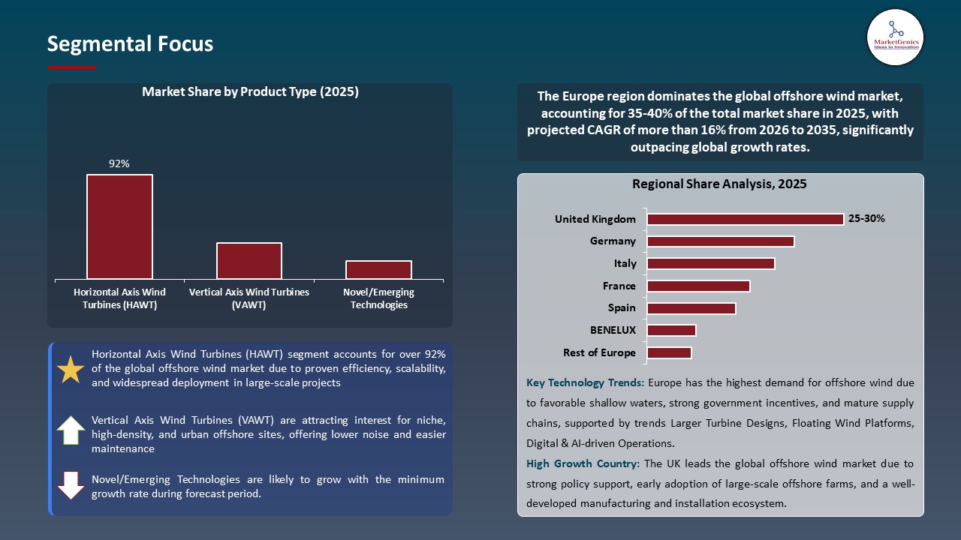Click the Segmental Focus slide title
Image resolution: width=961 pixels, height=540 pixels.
click(130, 44)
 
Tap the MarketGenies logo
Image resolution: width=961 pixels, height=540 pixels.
click(895, 37)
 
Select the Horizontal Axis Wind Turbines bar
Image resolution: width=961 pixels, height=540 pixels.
click(119, 226)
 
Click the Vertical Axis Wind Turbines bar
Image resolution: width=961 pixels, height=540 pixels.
click(249, 260)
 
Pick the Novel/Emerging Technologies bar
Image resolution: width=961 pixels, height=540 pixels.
click(378, 269)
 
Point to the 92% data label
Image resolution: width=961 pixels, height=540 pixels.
click(119, 163)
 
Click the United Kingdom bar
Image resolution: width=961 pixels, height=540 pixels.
click(745, 219)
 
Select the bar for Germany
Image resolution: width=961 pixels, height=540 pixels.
click(720, 241)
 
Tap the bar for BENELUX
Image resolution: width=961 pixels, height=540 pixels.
click(671, 330)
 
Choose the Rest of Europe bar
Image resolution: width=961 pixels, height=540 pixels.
click(669, 352)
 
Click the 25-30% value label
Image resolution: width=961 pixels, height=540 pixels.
click(866, 219)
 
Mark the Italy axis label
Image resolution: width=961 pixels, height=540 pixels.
click(625, 263)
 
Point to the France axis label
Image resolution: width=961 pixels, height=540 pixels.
click(619, 286)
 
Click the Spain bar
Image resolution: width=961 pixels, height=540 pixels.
click(691, 308)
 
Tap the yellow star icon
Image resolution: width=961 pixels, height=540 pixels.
click(71, 370)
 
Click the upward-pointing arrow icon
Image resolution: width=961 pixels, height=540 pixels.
click(71, 430)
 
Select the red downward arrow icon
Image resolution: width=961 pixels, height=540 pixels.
click(71, 485)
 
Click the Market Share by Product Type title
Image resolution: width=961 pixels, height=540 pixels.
click(250, 92)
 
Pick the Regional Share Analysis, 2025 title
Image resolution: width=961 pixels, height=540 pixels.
click(718, 184)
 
